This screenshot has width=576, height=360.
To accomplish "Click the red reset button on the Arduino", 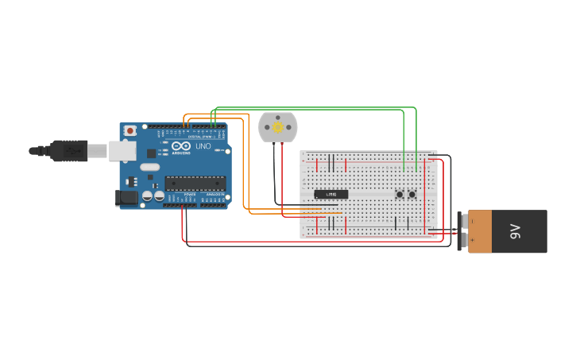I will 130,130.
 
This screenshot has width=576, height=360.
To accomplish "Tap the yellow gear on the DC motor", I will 277,127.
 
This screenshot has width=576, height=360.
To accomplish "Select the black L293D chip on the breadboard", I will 331,194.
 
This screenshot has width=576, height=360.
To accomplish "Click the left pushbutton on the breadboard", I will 400,194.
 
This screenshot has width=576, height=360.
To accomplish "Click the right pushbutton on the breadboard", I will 412,194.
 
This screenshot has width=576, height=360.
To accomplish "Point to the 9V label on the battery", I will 515,231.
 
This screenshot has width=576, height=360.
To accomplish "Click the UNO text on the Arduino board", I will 203,146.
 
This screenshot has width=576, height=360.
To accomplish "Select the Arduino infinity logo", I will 182,146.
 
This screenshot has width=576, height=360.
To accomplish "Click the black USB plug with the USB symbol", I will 70,149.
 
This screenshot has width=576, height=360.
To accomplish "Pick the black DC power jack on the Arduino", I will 126,199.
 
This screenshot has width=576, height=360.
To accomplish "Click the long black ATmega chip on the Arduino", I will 195,183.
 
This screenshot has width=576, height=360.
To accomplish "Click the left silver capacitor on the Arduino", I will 147,195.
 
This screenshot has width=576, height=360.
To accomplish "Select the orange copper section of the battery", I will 484,231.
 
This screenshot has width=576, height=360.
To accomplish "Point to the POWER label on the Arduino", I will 189,194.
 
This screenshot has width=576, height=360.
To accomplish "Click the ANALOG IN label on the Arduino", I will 215,194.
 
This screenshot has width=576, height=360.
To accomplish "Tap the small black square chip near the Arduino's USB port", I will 150,153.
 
